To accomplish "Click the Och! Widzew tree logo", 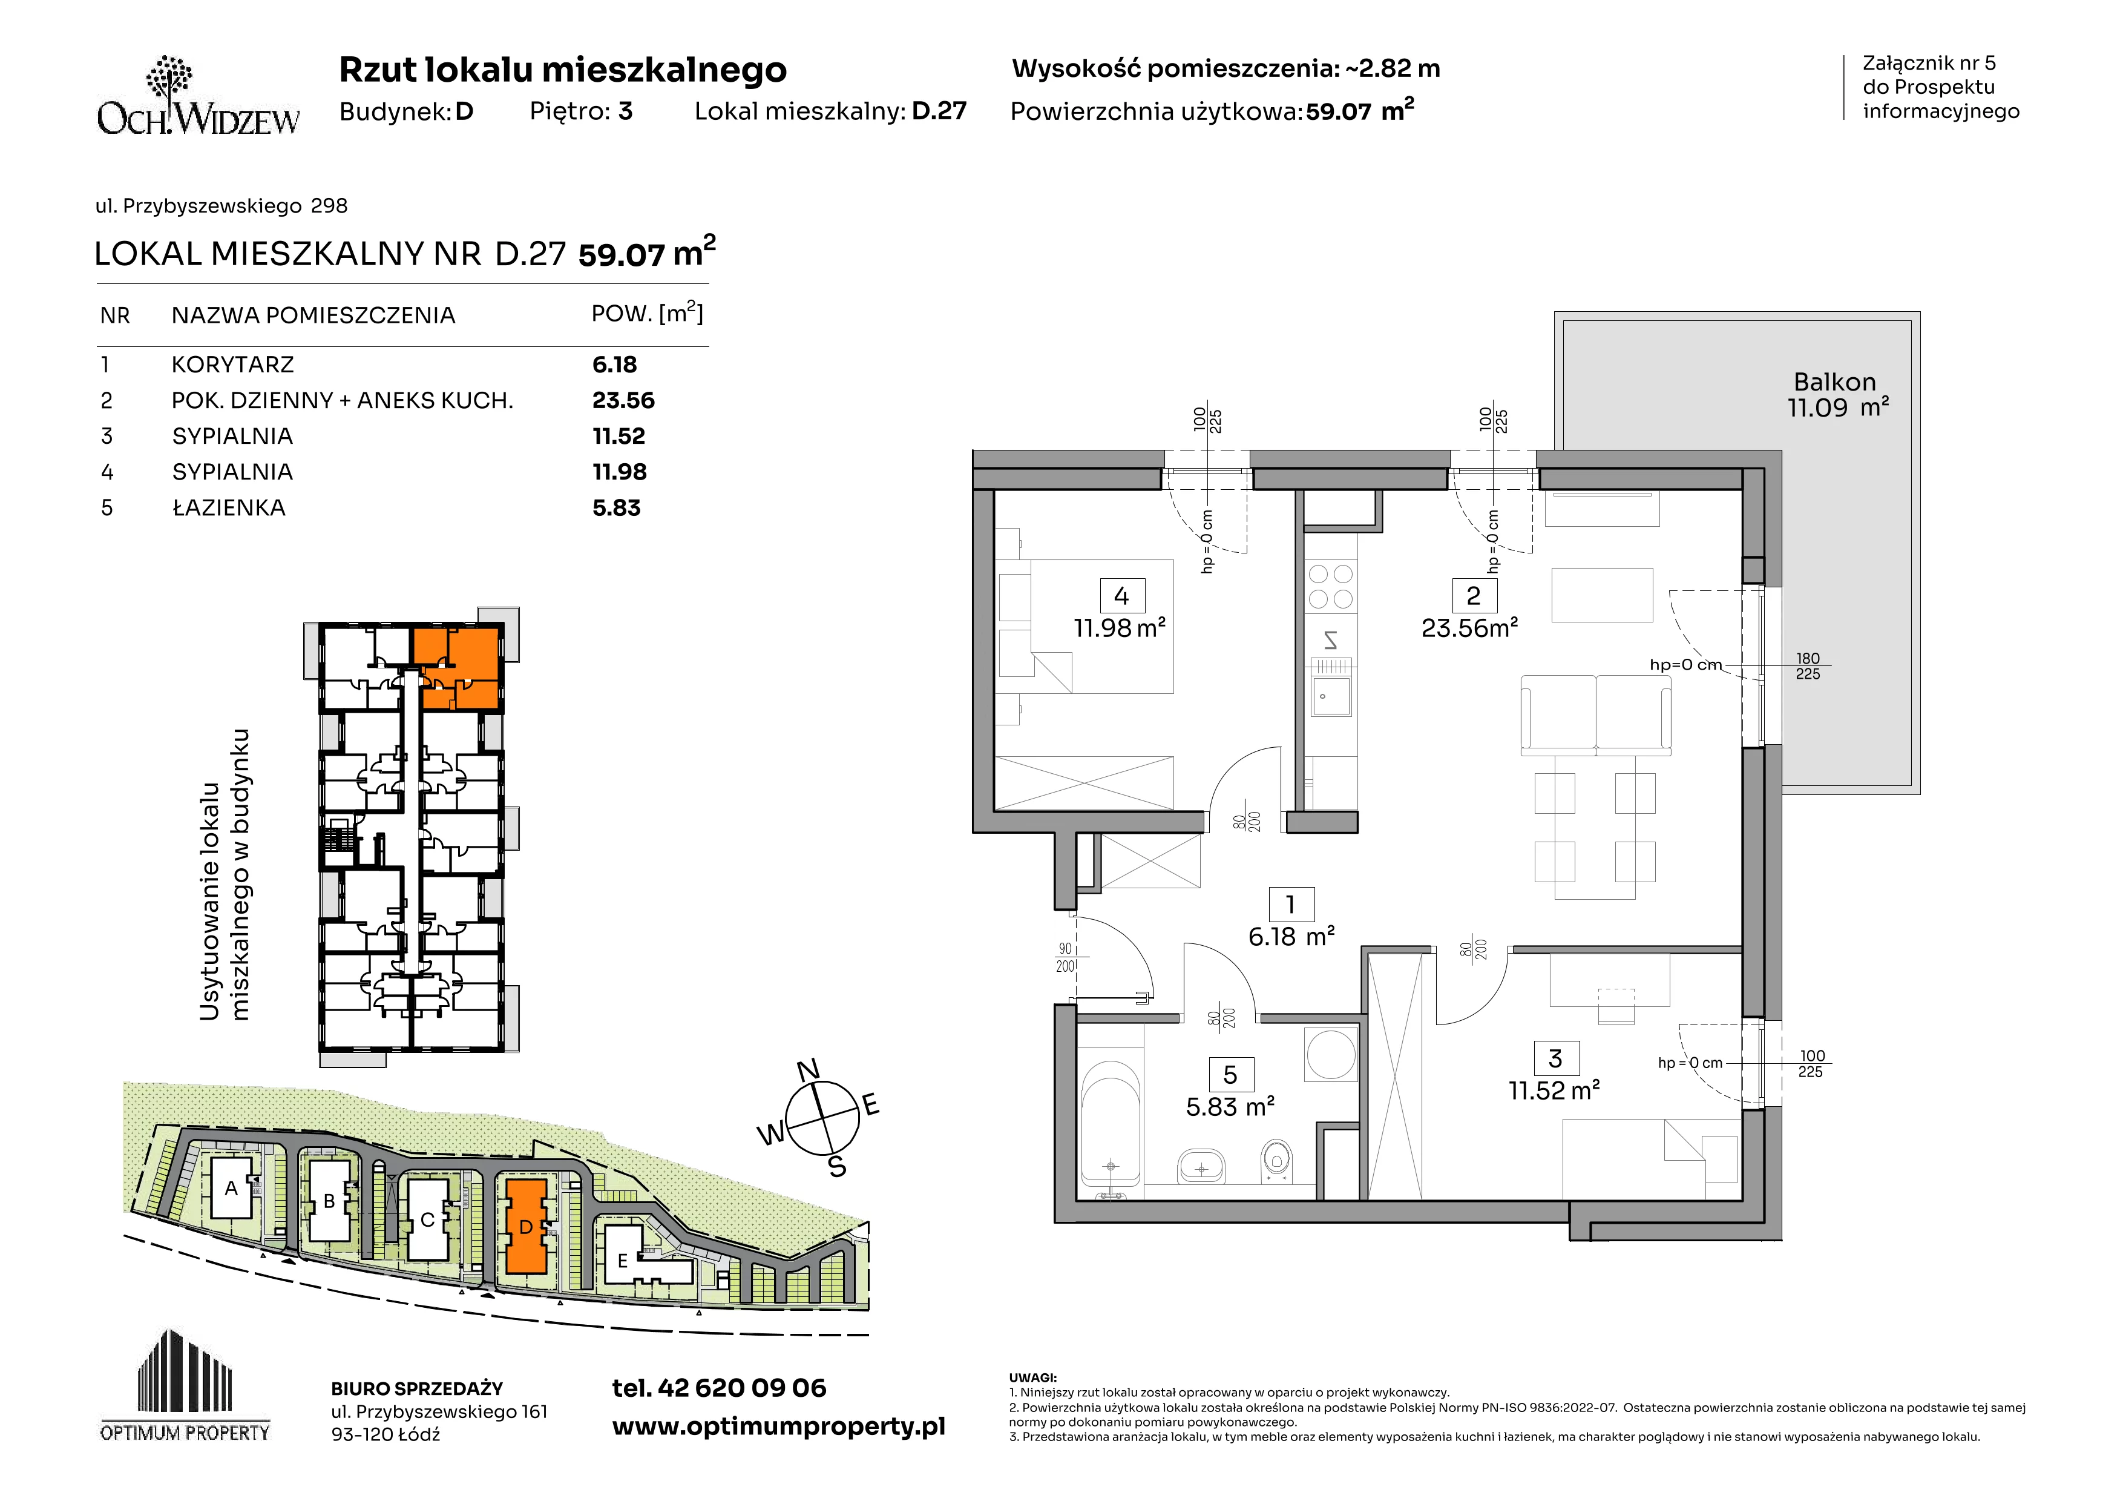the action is (199, 95).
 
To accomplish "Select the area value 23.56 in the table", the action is (623, 400).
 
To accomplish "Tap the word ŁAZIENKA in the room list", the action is (228, 508).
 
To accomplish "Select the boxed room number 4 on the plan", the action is (1121, 596).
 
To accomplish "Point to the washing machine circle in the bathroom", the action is (1331, 1054).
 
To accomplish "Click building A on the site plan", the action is (231, 1189).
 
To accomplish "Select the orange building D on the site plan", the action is (525, 1226).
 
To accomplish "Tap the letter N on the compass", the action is (808, 1071).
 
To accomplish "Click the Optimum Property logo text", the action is (185, 1433).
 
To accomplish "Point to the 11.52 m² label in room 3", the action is (1554, 1091).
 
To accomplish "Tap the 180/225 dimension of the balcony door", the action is (1808, 666).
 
